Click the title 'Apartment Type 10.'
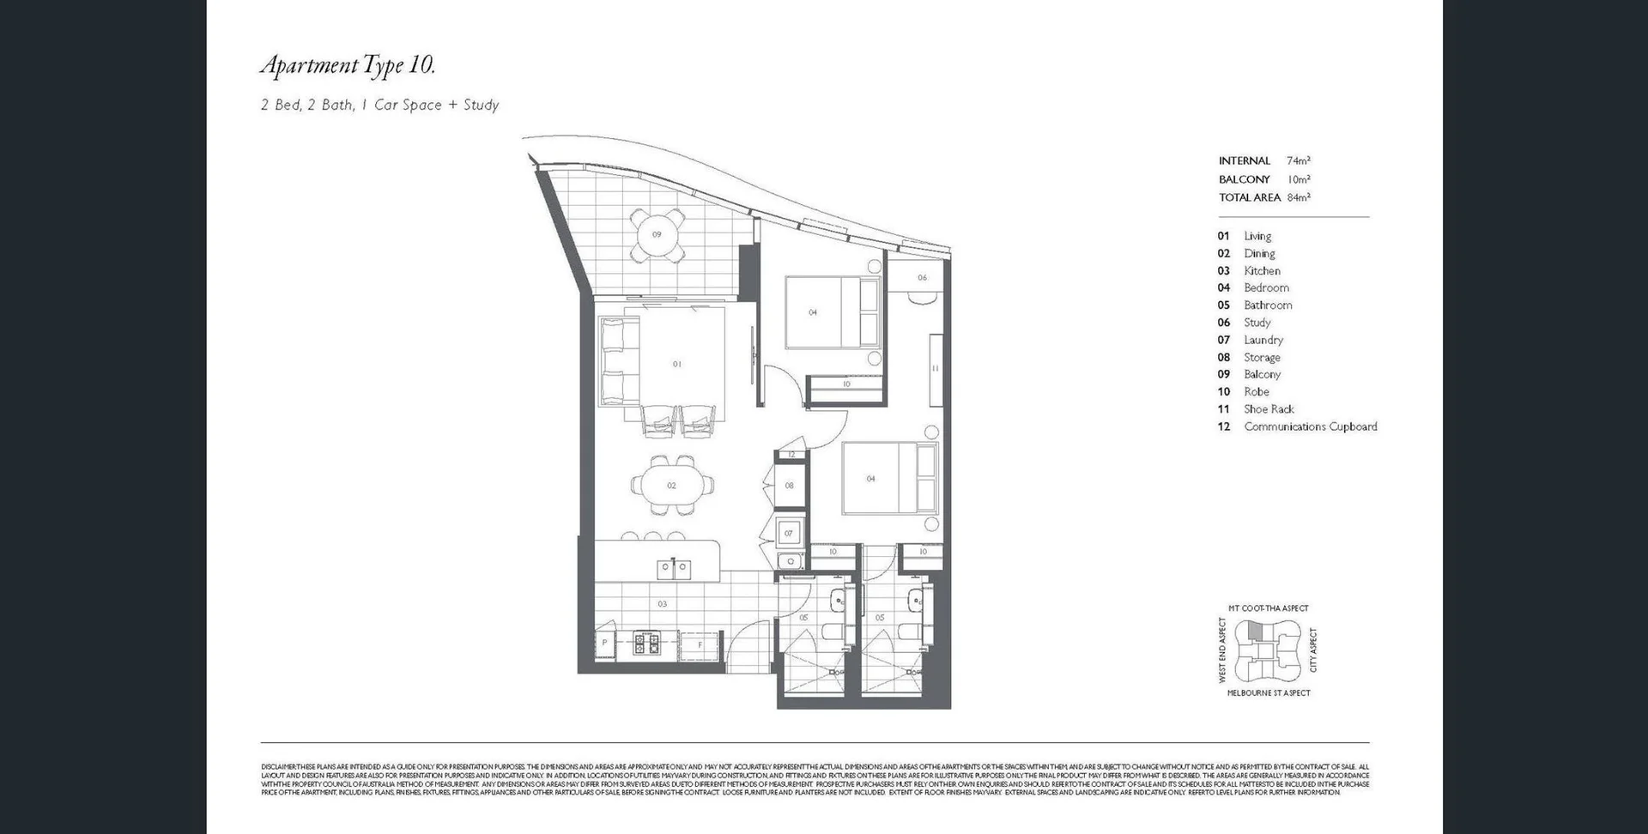click(348, 65)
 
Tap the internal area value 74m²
click(1298, 160)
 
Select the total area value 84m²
click(1298, 197)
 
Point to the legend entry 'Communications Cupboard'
click(1310, 426)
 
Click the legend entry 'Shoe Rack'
click(1269, 409)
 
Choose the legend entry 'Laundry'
click(1263, 340)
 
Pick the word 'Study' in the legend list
click(1257, 323)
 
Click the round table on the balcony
click(657, 234)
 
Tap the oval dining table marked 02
click(671, 486)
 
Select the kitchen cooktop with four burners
click(645, 643)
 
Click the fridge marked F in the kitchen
click(700, 644)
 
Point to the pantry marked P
click(605, 643)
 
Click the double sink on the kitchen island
click(674, 568)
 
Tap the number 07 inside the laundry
click(789, 533)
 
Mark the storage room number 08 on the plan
click(789, 486)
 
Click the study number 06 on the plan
click(922, 277)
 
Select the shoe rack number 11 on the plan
click(935, 368)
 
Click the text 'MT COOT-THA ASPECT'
click(1268, 608)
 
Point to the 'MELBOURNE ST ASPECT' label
click(1268, 692)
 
